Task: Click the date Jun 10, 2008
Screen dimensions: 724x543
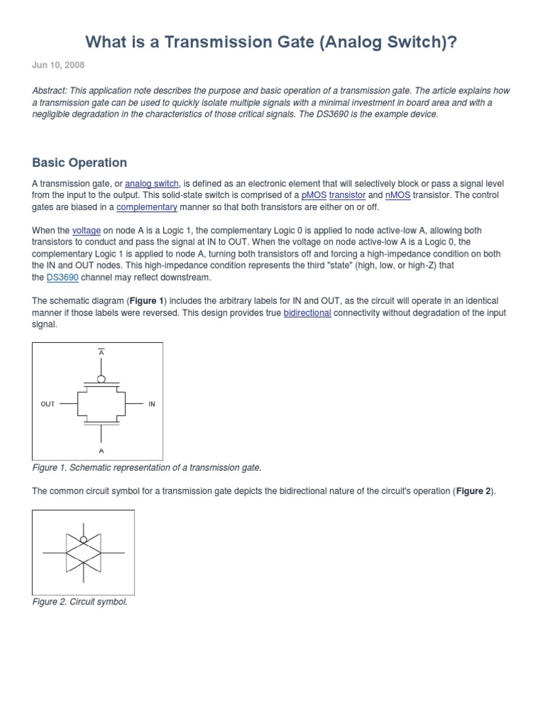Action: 58,65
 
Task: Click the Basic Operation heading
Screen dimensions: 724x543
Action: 79,163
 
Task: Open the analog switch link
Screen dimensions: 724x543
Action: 151,184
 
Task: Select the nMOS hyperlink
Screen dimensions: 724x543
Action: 397,195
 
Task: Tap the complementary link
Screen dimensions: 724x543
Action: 146,207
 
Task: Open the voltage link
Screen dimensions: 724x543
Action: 87,230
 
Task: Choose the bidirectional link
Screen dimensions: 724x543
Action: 307,313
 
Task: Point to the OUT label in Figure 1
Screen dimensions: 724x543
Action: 47,404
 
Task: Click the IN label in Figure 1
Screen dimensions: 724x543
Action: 151,404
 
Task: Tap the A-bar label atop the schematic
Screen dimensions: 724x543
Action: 101,351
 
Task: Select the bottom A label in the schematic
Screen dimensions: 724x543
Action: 101,450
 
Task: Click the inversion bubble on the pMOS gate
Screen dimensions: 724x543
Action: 101,380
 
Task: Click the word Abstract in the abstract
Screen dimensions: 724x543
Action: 51,91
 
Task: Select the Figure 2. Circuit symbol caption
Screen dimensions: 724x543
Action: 80,602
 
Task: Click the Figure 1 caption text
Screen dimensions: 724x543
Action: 147,467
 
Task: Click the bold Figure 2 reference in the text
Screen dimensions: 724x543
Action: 474,491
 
